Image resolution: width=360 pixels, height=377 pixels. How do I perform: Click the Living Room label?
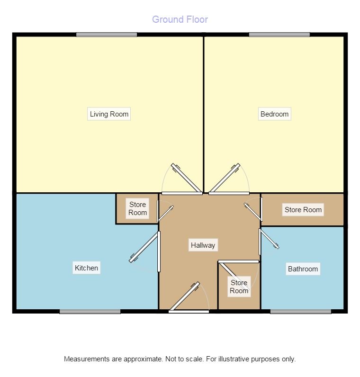click(109, 114)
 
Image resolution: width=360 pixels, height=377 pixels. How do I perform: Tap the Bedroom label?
click(274, 114)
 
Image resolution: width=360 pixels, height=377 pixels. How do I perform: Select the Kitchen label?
click(86, 268)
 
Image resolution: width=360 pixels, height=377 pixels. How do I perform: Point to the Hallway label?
click(203, 245)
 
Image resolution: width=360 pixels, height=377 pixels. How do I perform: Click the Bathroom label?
click(303, 269)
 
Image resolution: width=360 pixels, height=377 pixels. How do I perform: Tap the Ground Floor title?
click(180, 19)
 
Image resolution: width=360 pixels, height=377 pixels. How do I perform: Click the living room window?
click(107, 35)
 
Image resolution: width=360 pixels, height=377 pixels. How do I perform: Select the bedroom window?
click(279, 35)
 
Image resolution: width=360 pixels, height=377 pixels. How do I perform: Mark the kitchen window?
click(90, 312)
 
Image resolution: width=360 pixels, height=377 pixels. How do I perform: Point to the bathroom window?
click(301, 312)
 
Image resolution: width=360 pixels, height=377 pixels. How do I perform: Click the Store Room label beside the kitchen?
click(137, 208)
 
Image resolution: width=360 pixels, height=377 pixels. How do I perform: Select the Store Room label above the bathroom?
click(303, 210)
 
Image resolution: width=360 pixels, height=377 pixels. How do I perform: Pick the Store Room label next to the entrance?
click(239, 287)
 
